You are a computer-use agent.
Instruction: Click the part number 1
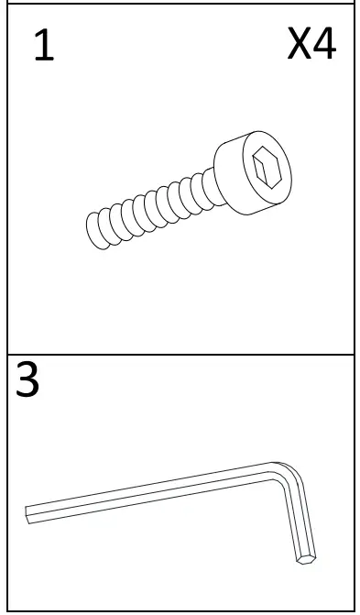point(44,47)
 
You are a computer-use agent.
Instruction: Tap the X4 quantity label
point(311,45)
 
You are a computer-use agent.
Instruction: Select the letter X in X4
point(298,45)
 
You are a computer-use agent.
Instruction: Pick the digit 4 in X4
point(325,45)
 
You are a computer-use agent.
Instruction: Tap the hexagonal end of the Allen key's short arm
point(307,555)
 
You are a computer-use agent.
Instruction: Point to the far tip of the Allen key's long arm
point(29,513)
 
